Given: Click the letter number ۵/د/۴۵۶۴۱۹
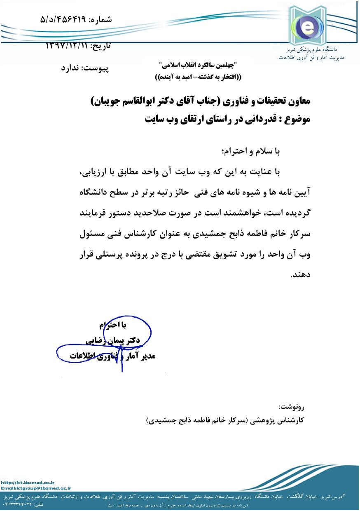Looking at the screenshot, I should click(66, 19).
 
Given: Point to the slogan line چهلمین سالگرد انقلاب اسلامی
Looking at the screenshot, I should click(197, 66).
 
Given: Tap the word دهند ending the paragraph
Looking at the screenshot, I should click(299, 275).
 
